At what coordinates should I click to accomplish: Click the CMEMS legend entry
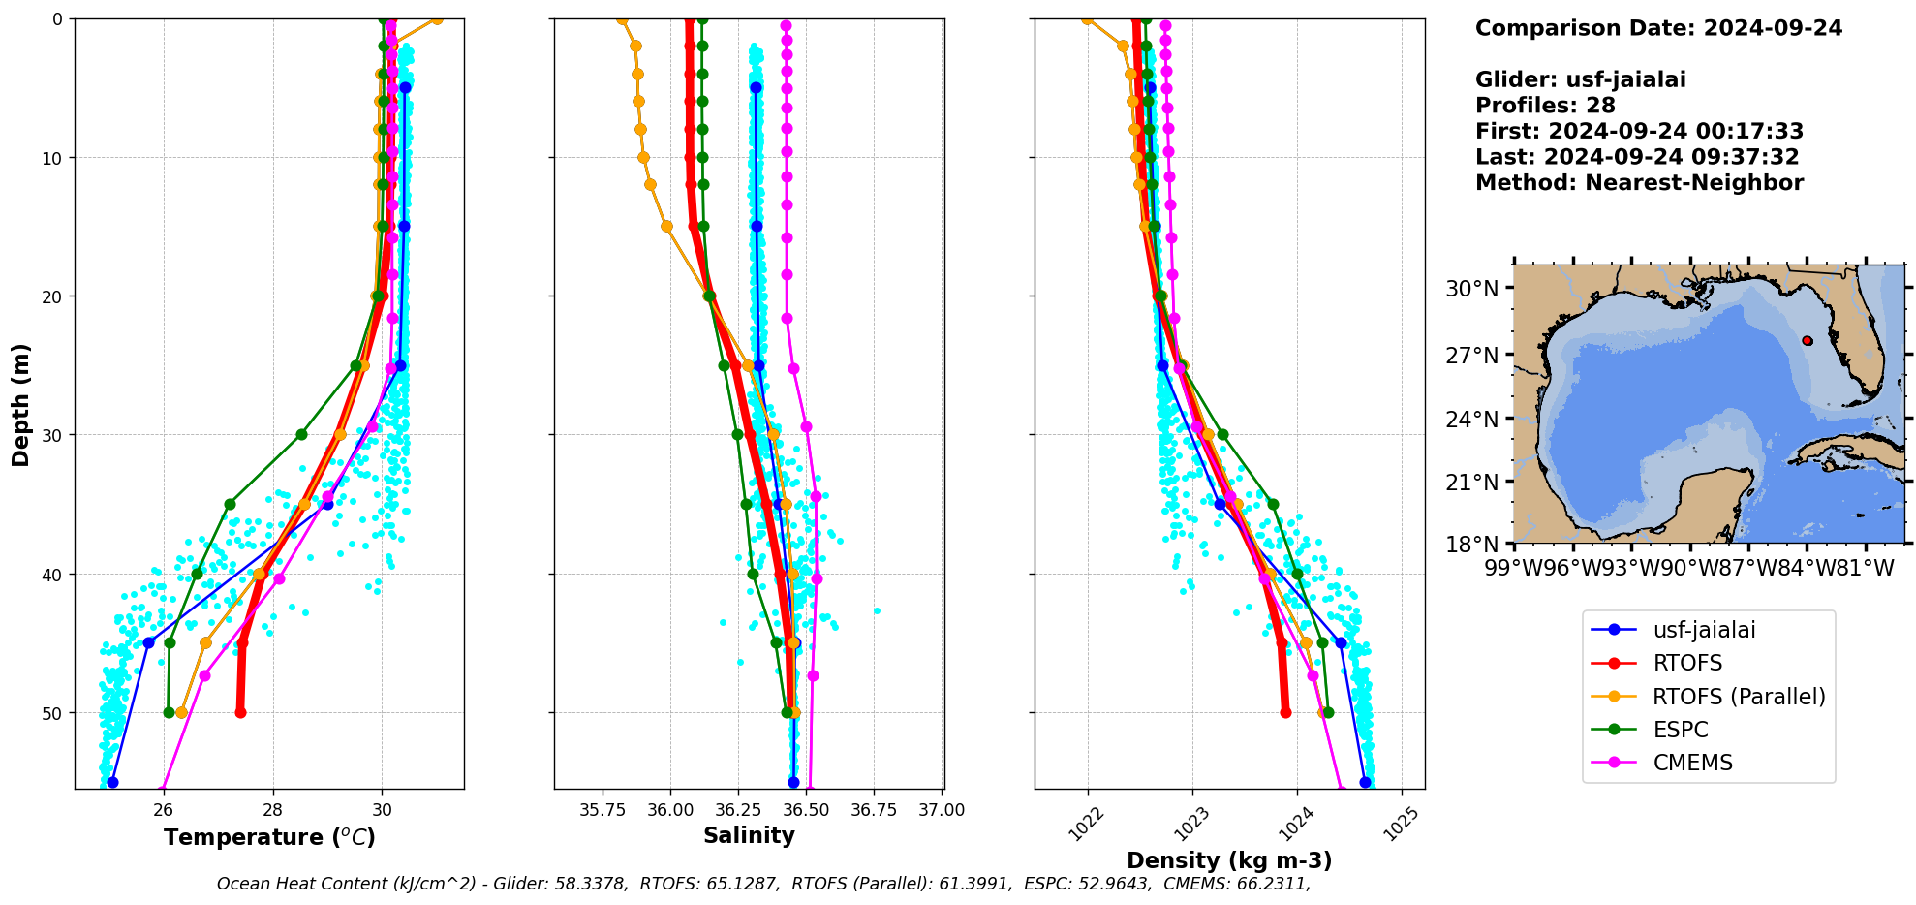[x=1692, y=763]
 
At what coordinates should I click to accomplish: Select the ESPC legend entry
[x=1680, y=730]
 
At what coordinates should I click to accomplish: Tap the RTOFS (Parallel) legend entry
[x=1738, y=697]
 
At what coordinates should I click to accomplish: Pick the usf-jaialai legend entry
[x=1703, y=630]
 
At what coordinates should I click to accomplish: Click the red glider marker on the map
[x=1807, y=341]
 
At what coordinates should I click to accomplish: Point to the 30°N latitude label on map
[x=1471, y=289]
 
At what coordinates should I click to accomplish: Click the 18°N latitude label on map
[x=1471, y=545]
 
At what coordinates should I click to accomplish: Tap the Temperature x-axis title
[x=269, y=837]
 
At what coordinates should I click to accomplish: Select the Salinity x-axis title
[x=749, y=836]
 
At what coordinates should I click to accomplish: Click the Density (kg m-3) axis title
[x=1229, y=860]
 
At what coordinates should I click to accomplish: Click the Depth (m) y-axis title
[x=21, y=404]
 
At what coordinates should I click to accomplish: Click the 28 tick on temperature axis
[x=273, y=810]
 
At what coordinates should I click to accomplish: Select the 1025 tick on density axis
[x=1401, y=824]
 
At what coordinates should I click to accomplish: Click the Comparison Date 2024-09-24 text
[x=1658, y=28]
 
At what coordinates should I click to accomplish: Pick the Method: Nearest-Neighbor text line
[x=1639, y=183]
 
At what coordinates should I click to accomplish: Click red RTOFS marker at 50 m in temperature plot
[x=240, y=712]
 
